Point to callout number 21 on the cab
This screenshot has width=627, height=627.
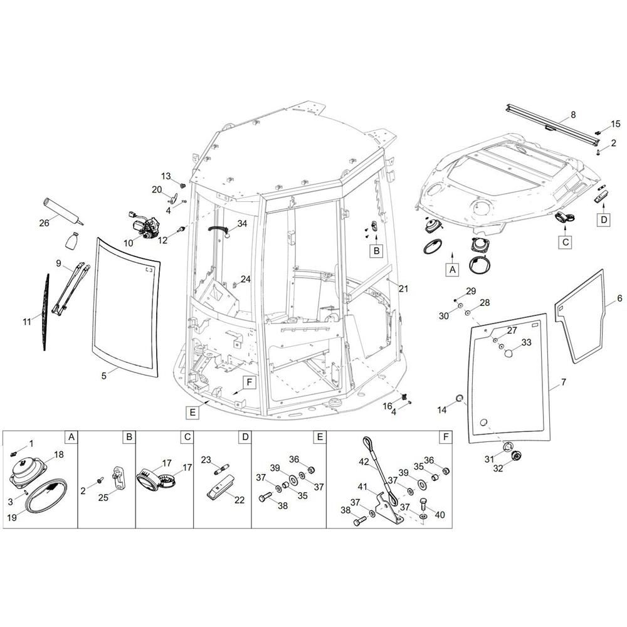(403, 288)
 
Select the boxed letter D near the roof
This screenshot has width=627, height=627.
(603, 219)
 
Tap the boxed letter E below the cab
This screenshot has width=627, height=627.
(192, 412)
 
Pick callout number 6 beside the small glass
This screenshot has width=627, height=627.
(619, 299)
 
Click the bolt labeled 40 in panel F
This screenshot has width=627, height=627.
(423, 503)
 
